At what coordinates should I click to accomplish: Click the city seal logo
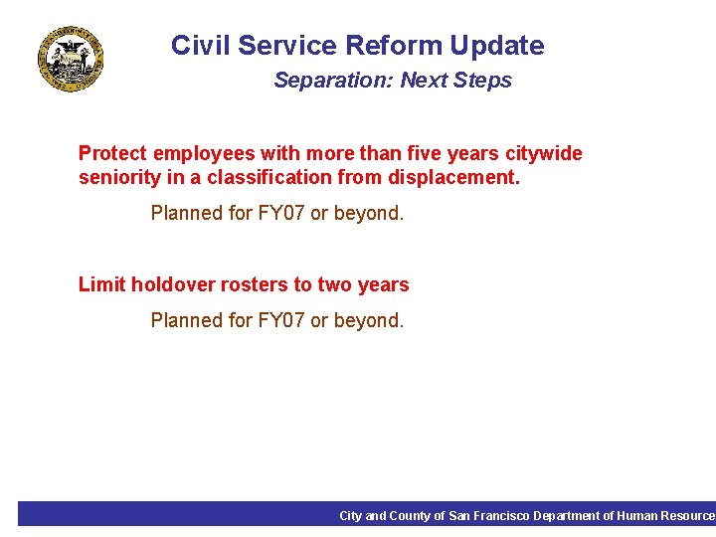[71, 59]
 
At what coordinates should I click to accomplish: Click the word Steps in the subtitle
[482, 81]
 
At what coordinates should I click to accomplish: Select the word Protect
[112, 153]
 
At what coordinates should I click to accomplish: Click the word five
[404, 153]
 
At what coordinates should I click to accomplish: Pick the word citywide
[544, 154]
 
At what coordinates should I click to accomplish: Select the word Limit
[101, 284]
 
